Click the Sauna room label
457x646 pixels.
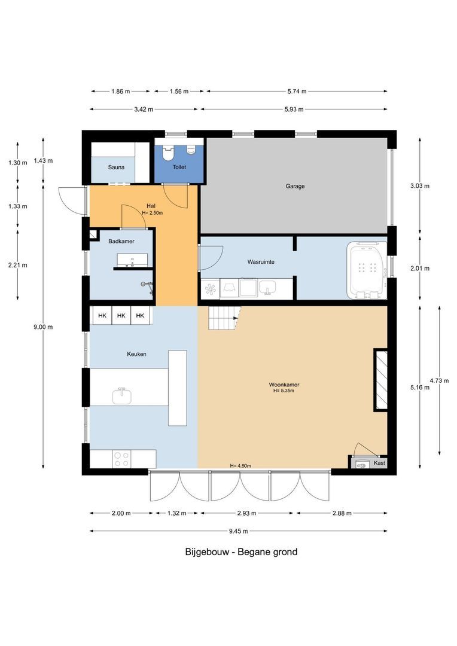point(116,167)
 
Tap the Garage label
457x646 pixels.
point(295,186)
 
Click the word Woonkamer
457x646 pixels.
point(284,385)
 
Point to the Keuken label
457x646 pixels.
point(136,354)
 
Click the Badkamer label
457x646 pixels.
point(121,241)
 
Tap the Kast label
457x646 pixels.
point(379,463)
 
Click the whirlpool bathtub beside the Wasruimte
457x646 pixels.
point(367,270)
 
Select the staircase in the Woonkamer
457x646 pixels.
point(223,317)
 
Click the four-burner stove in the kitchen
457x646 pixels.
point(121,459)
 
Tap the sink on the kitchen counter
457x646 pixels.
point(123,395)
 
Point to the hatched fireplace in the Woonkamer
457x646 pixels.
point(380,380)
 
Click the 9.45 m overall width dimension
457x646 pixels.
point(239,531)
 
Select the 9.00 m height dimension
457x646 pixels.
point(42,327)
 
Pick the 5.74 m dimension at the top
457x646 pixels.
point(295,92)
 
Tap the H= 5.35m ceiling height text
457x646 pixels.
point(284,391)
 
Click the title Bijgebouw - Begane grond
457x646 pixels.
point(241,551)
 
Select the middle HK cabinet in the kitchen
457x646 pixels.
point(121,316)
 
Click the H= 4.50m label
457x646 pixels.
point(240,466)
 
